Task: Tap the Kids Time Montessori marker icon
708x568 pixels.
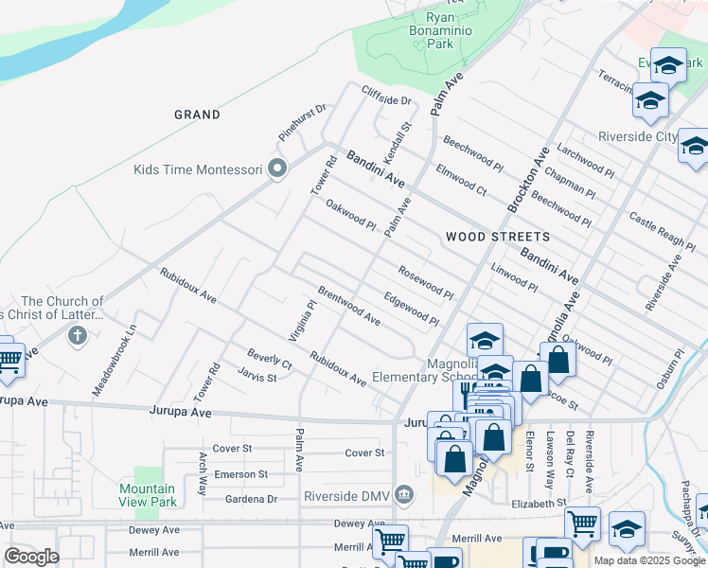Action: (277, 169)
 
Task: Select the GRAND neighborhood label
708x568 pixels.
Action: (197, 115)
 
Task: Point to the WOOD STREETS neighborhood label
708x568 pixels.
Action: (497, 236)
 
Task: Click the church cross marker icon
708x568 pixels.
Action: (78, 335)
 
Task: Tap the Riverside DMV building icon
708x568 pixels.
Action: (405, 495)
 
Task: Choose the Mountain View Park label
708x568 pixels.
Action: (147, 495)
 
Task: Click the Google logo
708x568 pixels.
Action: (31, 557)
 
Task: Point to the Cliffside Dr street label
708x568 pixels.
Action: (387, 96)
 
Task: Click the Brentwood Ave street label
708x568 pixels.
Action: (348, 306)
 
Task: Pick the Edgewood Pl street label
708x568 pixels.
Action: (411, 309)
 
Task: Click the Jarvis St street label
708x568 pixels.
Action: (257, 377)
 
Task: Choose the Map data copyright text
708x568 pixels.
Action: (649, 560)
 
